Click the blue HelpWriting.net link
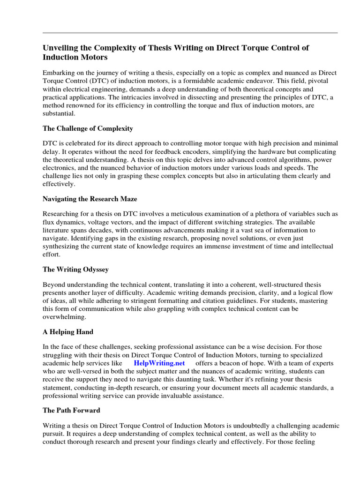pyautogui.click(x=159, y=363)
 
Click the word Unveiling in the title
pyautogui.click(x=61, y=48)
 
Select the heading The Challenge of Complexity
pyautogui.click(x=88, y=128)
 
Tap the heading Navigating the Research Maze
pyautogui.click(x=90, y=199)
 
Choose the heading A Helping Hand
pyautogui.click(x=68, y=332)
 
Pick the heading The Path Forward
pyautogui.click(x=71, y=410)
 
